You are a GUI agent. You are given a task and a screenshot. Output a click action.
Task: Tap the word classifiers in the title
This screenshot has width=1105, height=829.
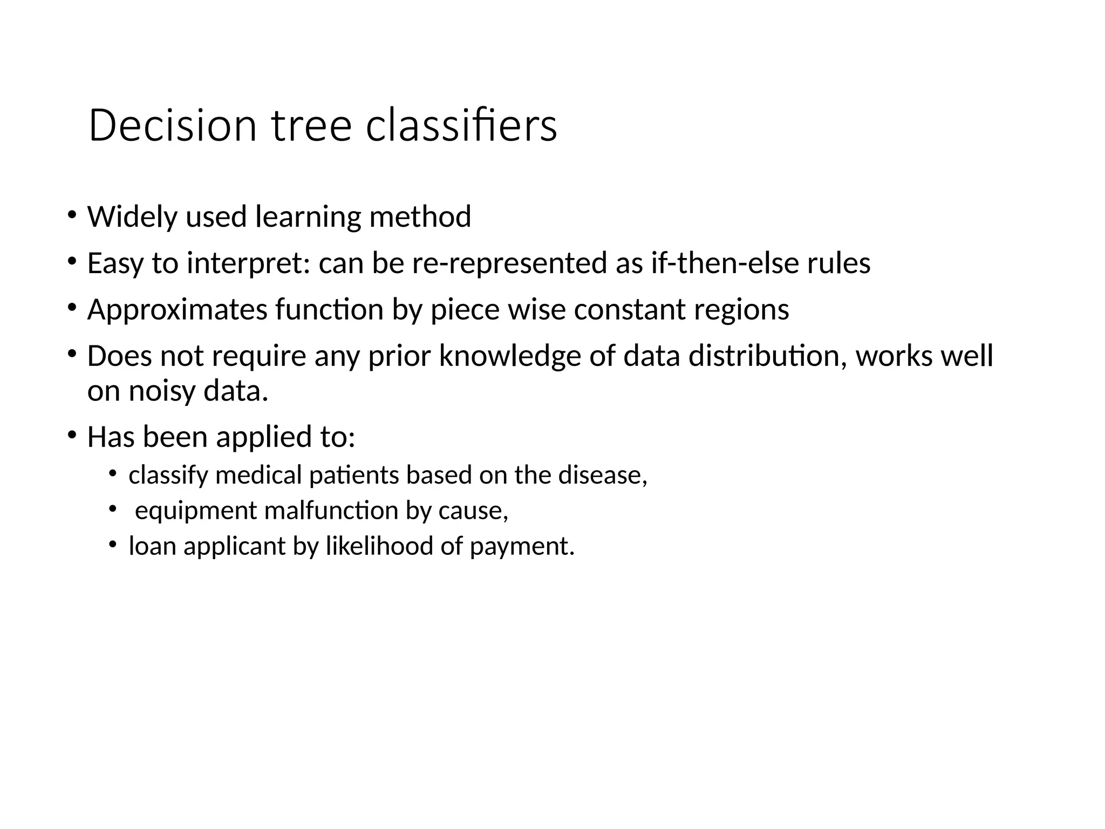pyautogui.click(x=461, y=126)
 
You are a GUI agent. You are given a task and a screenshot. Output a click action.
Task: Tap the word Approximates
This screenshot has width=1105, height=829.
pyautogui.click(x=178, y=310)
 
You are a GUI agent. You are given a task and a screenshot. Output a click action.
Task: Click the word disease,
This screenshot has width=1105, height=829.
pyautogui.click(x=602, y=475)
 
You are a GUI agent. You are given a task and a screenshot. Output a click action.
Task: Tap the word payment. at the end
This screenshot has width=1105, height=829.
pyautogui.click(x=522, y=546)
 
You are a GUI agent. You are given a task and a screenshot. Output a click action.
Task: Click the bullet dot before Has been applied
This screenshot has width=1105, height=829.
pyautogui.click(x=72, y=435)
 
